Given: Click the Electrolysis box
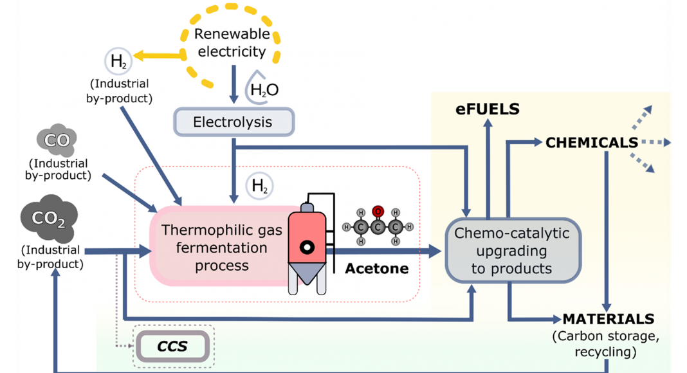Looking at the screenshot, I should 233,122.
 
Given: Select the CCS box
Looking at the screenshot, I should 172,347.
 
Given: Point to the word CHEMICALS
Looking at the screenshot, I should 591,143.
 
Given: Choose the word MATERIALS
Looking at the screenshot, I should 608,319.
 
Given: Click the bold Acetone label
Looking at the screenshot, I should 376,268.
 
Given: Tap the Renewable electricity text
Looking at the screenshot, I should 230,44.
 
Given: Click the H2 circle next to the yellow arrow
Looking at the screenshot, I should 118,62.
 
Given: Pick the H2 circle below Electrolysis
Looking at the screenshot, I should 260,186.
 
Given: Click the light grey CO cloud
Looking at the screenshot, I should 57,139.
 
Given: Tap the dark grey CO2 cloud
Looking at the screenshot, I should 49,220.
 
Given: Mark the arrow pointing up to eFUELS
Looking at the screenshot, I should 488,167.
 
